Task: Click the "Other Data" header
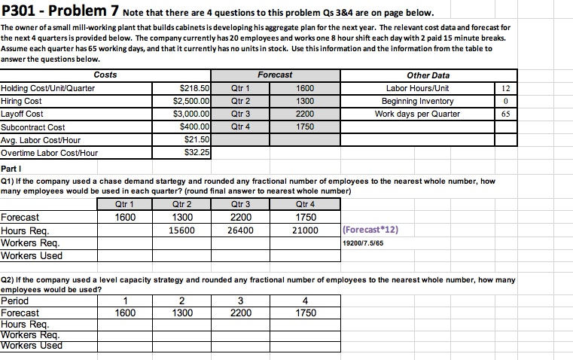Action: (428, 75)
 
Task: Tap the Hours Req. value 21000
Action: (304, 230)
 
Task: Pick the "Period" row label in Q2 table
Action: (16, 301)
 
